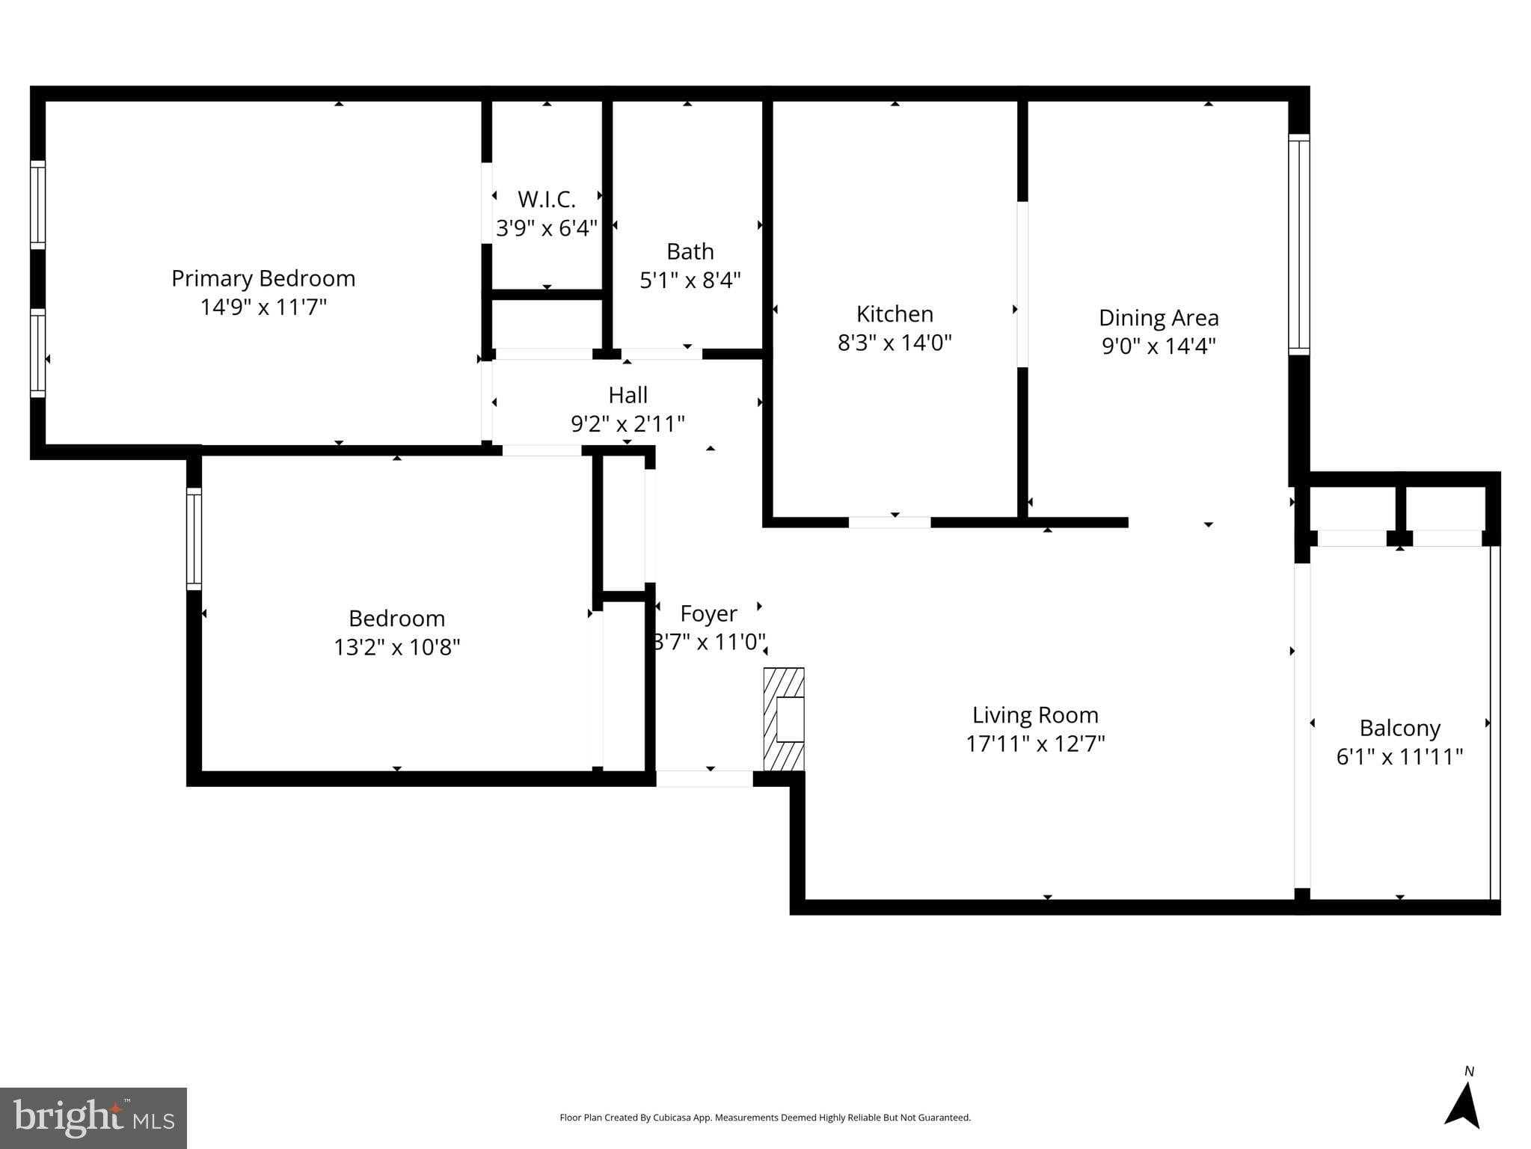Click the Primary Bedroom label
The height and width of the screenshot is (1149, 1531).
(x=263, y=278)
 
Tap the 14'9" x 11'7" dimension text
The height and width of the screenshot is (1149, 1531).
(x=263, y=307)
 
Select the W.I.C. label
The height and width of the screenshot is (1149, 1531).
(x=547, y=200)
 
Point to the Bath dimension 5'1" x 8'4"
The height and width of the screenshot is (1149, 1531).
(x=690, y=281)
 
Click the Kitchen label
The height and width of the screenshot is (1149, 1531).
(x=895, y=313)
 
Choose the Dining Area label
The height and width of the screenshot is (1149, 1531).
(x=1159, y=318)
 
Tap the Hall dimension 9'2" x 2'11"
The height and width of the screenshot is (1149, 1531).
(x=628, y=424)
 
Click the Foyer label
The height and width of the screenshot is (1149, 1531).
(x=708, y=613)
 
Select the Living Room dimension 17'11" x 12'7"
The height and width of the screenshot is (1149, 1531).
(x=1035, y=744)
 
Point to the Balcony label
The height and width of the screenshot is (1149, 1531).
(x=1399, y=728)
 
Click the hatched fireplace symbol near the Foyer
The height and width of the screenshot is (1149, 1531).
(x=784, y=719)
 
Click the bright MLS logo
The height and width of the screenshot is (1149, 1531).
(x=93, y=1118)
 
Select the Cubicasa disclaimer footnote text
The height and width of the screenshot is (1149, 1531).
(x=764, y=1118)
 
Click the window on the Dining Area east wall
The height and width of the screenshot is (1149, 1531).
(x=1299, y=245)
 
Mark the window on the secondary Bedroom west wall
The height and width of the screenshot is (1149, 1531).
(x=194, y=539)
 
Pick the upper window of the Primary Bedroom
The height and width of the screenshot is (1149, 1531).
(x=37, y=204)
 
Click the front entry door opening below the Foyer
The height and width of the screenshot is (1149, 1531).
(x=704, y=779)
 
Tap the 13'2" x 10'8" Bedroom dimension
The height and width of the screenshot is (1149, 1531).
(x=396, y=647)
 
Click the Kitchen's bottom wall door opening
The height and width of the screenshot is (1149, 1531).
(x=889, y=522)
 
